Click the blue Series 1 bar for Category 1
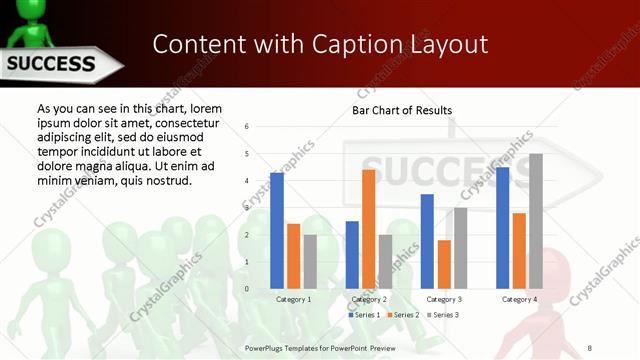pyautogui.click(x=277, y=231)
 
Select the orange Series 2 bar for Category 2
pyautogui.click(x=368, y=229)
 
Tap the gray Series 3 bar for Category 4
pyautogui.click(x=536, y=221)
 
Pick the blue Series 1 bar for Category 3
pyautogui.click(x=427, y=241)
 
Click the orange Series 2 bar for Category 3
pyautogui.click(x=444, y=264)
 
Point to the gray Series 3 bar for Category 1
pyautogui.click(x=310, y=262)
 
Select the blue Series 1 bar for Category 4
pyautogui.click(x=502, y=228)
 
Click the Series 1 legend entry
pyautogui.click(x=364, y=315)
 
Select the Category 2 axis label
pyautogui.click(x=369, y=299)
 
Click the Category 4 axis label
pyautogui.click(x=519, y=299)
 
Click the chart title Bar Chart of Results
pyautogui.click(x=401, y=110)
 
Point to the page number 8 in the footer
pyautogui.click(x=590, y=347)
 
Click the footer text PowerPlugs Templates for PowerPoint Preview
pyautogui.click(x=320, y=347)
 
